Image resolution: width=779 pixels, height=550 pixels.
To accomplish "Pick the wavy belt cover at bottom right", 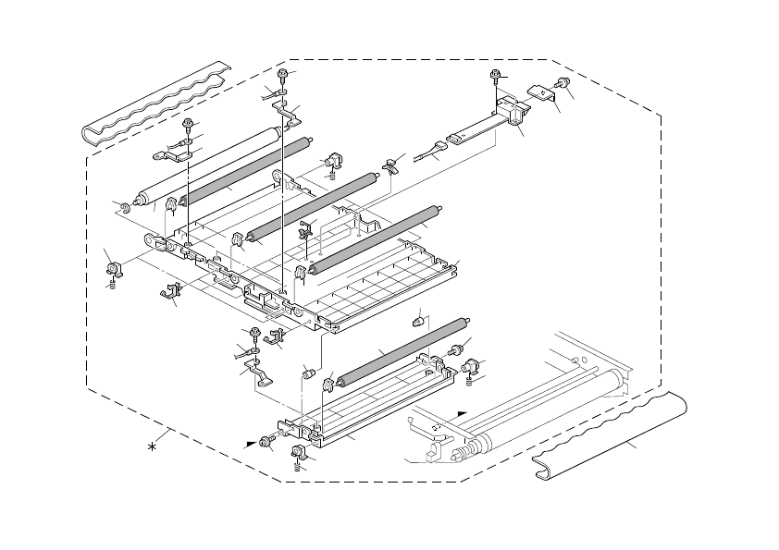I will [x=611, y=434].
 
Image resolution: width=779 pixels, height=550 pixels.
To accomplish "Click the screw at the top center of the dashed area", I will [x=283, y=73].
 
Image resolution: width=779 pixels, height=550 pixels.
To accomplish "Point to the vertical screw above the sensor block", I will [x=496, y=76].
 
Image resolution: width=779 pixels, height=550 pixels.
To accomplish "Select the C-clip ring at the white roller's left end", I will [x=122, y=205].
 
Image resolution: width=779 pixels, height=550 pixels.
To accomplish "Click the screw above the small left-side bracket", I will [x=189, y=123].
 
